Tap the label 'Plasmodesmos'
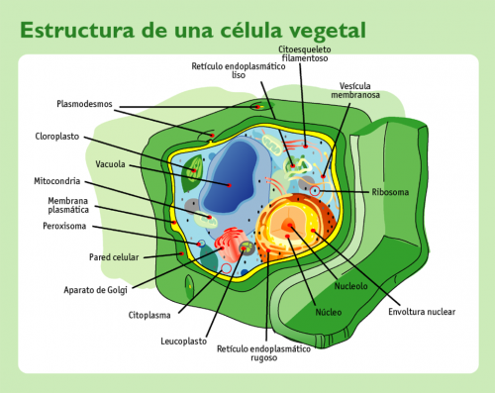(86, 103)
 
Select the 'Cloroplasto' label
(58, 137)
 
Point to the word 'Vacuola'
(110, 163)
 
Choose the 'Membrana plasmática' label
(69, 205)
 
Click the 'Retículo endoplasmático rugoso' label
(265, 352)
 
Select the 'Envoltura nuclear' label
(422, 311)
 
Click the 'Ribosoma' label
(390, 191)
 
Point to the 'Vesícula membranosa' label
(360, 91)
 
